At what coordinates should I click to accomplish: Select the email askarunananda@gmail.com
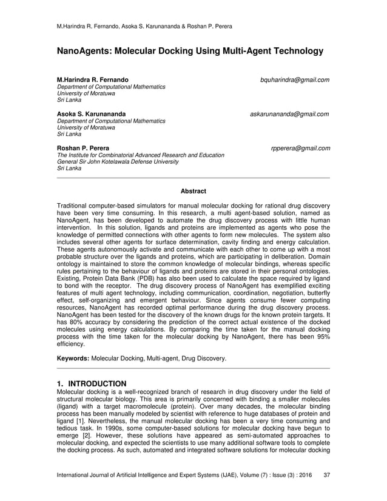[x=290, y=113]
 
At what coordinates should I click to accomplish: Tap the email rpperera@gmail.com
[x=301, y=147]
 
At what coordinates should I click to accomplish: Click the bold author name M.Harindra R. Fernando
[x=92, y=79]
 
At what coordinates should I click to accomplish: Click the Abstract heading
[x=193, y=191]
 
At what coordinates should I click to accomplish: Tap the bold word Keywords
[x=72, y=358]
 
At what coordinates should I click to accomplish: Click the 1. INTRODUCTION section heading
[x=92, y=384]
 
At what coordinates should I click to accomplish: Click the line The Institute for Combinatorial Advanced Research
[x=141, y=155]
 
